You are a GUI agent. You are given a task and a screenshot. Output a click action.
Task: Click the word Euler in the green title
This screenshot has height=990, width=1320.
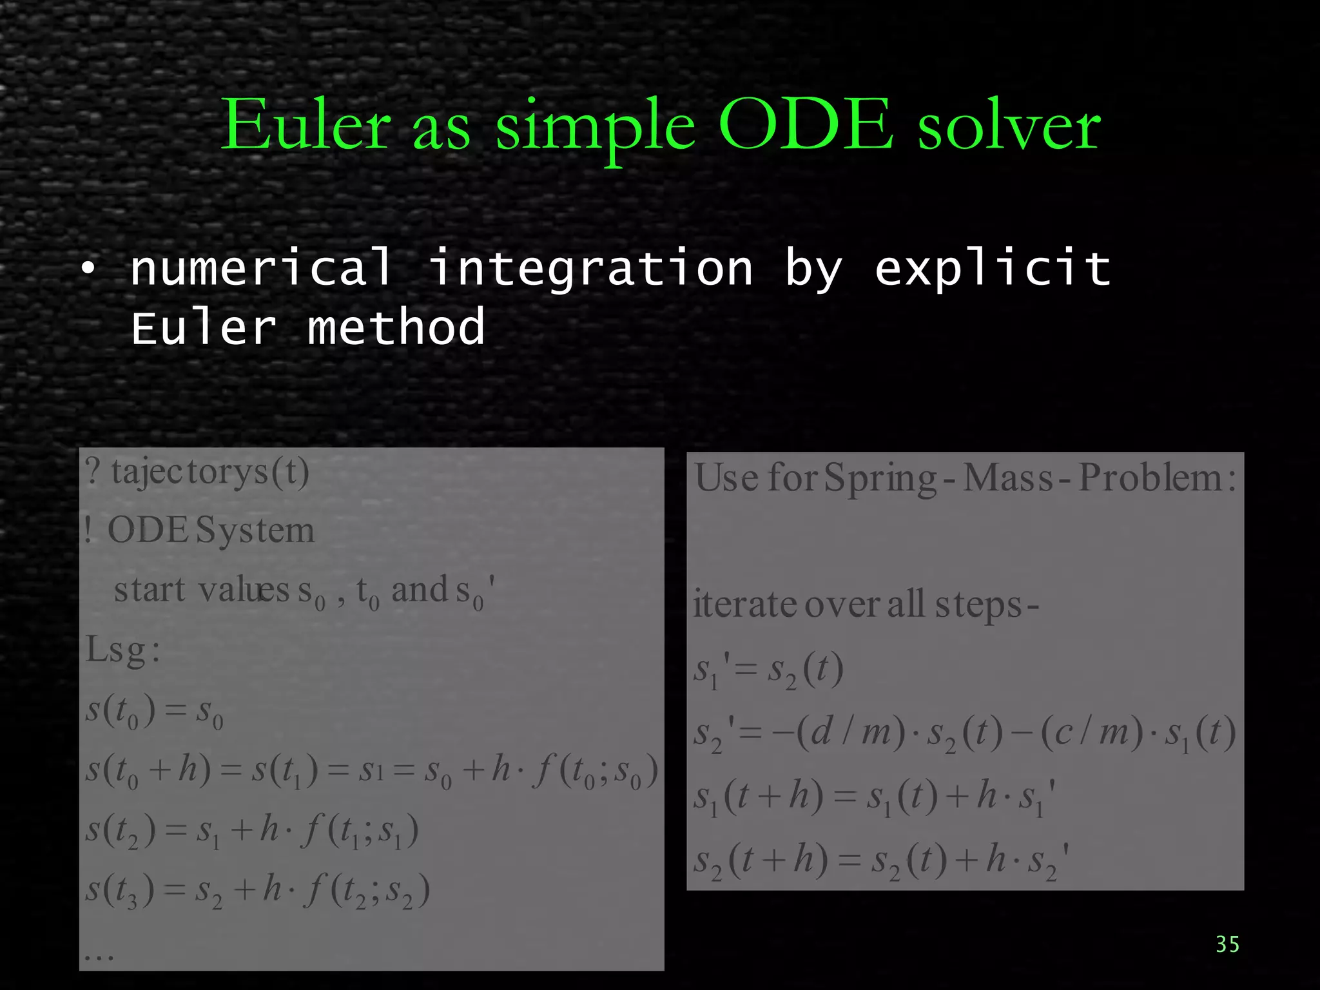click(x=306, y=126)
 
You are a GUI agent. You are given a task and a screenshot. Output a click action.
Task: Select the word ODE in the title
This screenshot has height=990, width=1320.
click(x=805, y=126)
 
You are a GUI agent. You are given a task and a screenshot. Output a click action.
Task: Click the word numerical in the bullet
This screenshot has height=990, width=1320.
click(x=261, y=267)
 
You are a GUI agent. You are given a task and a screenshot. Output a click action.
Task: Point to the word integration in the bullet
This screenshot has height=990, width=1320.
click(x=590, y=267)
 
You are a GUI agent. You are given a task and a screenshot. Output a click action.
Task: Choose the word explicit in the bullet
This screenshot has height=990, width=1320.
click(x=993, y=267)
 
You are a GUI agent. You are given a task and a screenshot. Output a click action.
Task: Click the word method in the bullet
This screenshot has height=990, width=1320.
click(x=396, y=327)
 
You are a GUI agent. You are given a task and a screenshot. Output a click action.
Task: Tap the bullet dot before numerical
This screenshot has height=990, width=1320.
click(x=88, y=268)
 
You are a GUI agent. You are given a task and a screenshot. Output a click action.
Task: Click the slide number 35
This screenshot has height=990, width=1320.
click(x=1227, y=944)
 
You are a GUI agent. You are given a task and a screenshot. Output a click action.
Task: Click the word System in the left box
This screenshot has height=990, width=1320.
click(x=255, y=530)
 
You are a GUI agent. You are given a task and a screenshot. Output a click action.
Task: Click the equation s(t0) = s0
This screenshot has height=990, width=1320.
click(x=155, y=710)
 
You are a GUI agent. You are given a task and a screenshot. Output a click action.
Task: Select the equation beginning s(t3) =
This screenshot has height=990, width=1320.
click(x=258, y=891)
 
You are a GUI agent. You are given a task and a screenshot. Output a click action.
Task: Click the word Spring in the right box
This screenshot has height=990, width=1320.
click(x=880, y=479)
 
